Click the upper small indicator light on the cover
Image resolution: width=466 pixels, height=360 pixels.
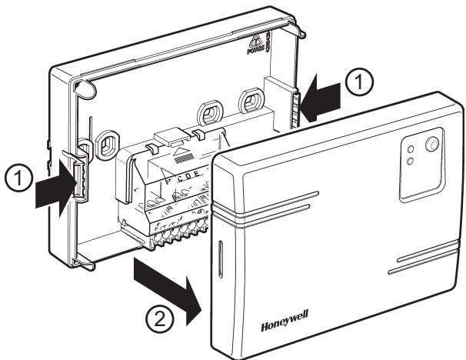(411, 146)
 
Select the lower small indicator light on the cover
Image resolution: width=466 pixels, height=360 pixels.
(411, 159)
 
